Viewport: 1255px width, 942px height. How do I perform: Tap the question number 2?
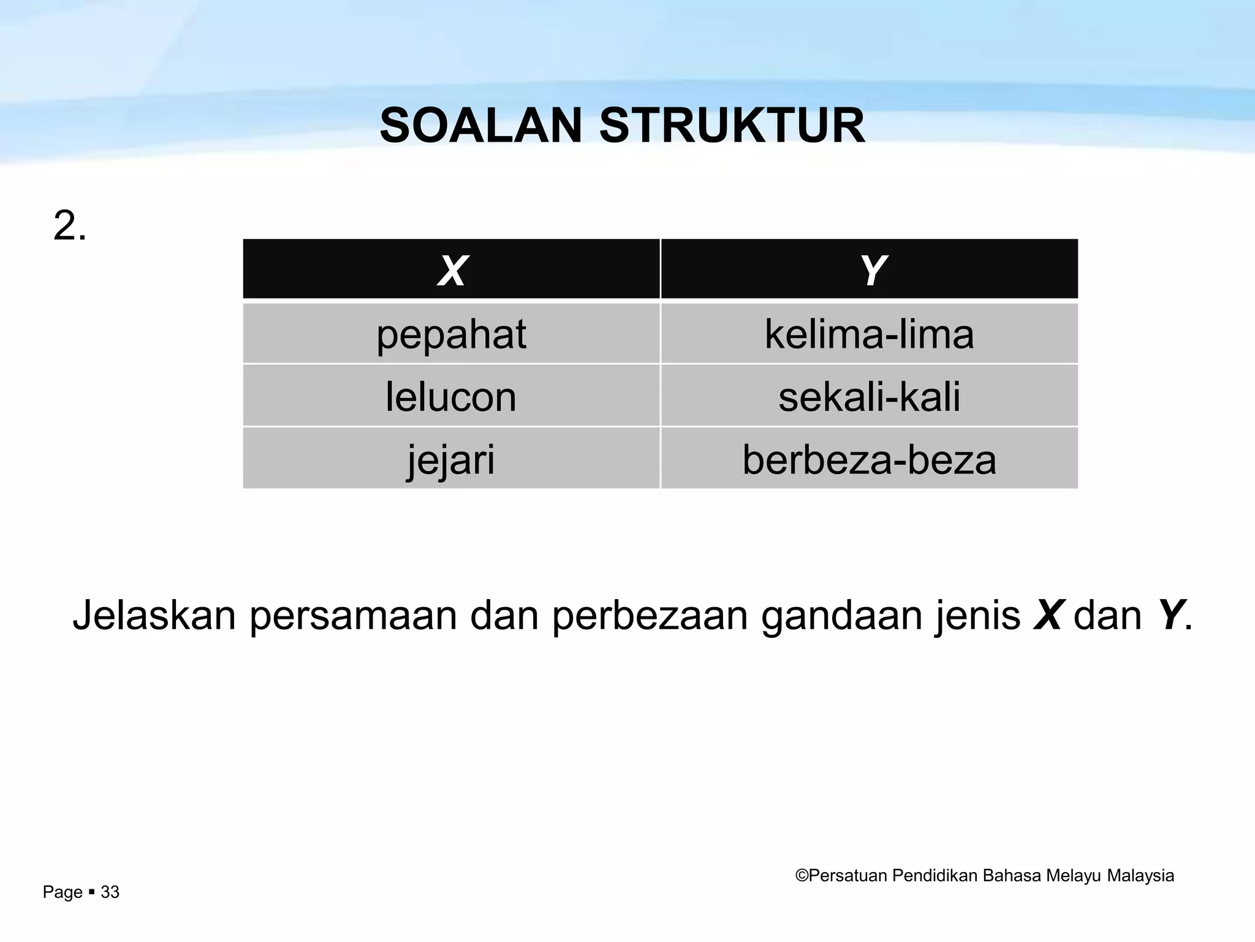[69, 226]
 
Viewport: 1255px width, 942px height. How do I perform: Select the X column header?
[452, 270]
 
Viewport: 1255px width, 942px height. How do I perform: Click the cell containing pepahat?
[451, 335]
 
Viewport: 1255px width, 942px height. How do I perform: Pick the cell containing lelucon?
[451, 397]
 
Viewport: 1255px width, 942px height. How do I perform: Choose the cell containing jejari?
[451, 459]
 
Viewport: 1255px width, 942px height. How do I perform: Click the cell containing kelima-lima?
[869, 335]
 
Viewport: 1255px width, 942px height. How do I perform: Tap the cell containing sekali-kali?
[869, 397]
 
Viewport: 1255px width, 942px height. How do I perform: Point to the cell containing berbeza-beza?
[869, 459]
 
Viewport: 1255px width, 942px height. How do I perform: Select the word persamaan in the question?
[353, 615]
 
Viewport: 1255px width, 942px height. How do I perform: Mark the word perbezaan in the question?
[650, 615]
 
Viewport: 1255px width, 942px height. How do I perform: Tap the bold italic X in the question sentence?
[1047, 615]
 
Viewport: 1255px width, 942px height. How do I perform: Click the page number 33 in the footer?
[110, 892]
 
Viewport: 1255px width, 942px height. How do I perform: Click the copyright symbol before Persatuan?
[802, 876]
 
